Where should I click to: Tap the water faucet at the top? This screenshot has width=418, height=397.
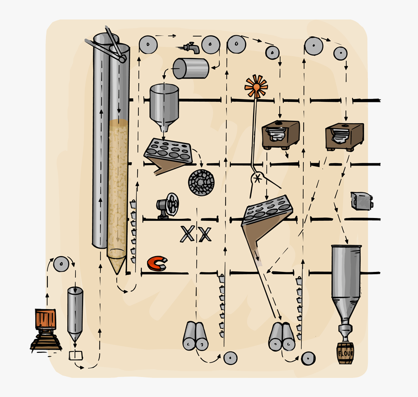point(191,47)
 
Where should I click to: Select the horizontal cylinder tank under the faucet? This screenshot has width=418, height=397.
point(190,68)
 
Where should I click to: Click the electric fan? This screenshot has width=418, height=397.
point(167,205)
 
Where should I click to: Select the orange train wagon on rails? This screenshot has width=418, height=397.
point(46,319)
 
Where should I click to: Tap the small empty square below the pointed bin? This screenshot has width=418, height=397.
point(75,356)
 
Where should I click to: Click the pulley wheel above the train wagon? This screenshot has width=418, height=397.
point(61,264)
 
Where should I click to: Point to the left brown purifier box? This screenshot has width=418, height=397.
point(280,134)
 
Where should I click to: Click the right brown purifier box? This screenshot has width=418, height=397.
point(344,136)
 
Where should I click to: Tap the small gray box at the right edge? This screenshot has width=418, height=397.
point(361,200)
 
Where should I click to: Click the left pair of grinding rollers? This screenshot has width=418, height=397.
point(195,336)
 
